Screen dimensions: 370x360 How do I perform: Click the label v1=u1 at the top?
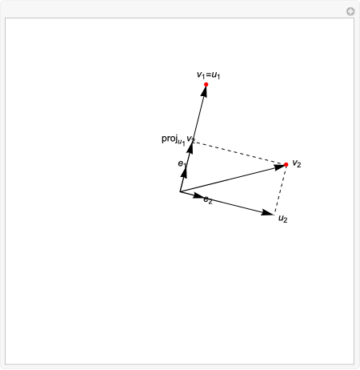(208, 75)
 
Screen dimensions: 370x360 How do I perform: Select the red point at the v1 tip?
(206, 84)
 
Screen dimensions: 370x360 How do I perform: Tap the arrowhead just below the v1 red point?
(205, 92)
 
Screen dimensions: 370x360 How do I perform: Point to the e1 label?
(182, 163)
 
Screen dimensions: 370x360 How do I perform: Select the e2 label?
(208, 199)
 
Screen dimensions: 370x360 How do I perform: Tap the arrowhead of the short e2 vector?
(198, 196)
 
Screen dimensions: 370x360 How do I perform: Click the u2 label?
(282, 217)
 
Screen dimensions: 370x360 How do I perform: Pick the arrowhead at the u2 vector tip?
(269, 212)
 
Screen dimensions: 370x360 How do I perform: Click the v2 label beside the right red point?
(297, 163)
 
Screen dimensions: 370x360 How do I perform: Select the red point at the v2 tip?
(286, 165)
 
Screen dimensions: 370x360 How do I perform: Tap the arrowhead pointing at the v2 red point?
(279, 167)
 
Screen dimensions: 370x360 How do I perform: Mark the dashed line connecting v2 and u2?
(281, 189)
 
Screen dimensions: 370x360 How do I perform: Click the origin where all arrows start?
(181, 192)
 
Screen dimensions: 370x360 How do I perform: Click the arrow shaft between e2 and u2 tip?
(236, 205)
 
